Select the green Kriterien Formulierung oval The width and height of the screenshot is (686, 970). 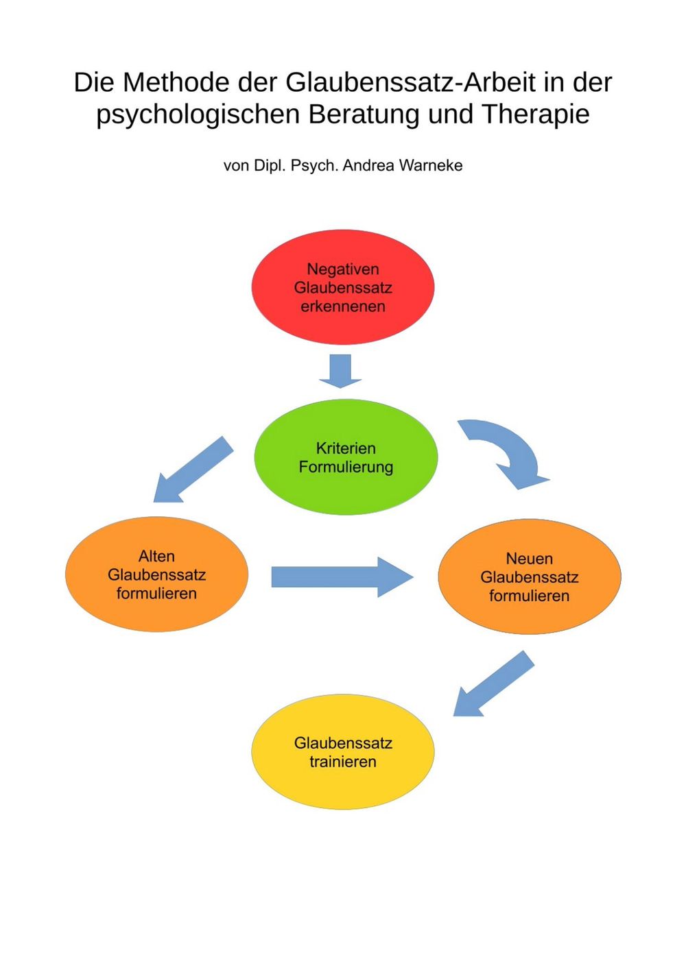click(346, 494)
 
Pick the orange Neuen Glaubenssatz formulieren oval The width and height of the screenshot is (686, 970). click(529, 617)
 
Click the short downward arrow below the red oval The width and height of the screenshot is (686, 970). click(340, 370)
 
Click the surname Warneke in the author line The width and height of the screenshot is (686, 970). click(430, 165)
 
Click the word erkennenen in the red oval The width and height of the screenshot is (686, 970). click(343, 306)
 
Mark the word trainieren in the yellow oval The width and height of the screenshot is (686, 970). click(343, 762)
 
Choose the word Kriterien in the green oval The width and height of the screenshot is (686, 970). click(346, 448)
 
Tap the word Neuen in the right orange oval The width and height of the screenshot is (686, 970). click(529, 559)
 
